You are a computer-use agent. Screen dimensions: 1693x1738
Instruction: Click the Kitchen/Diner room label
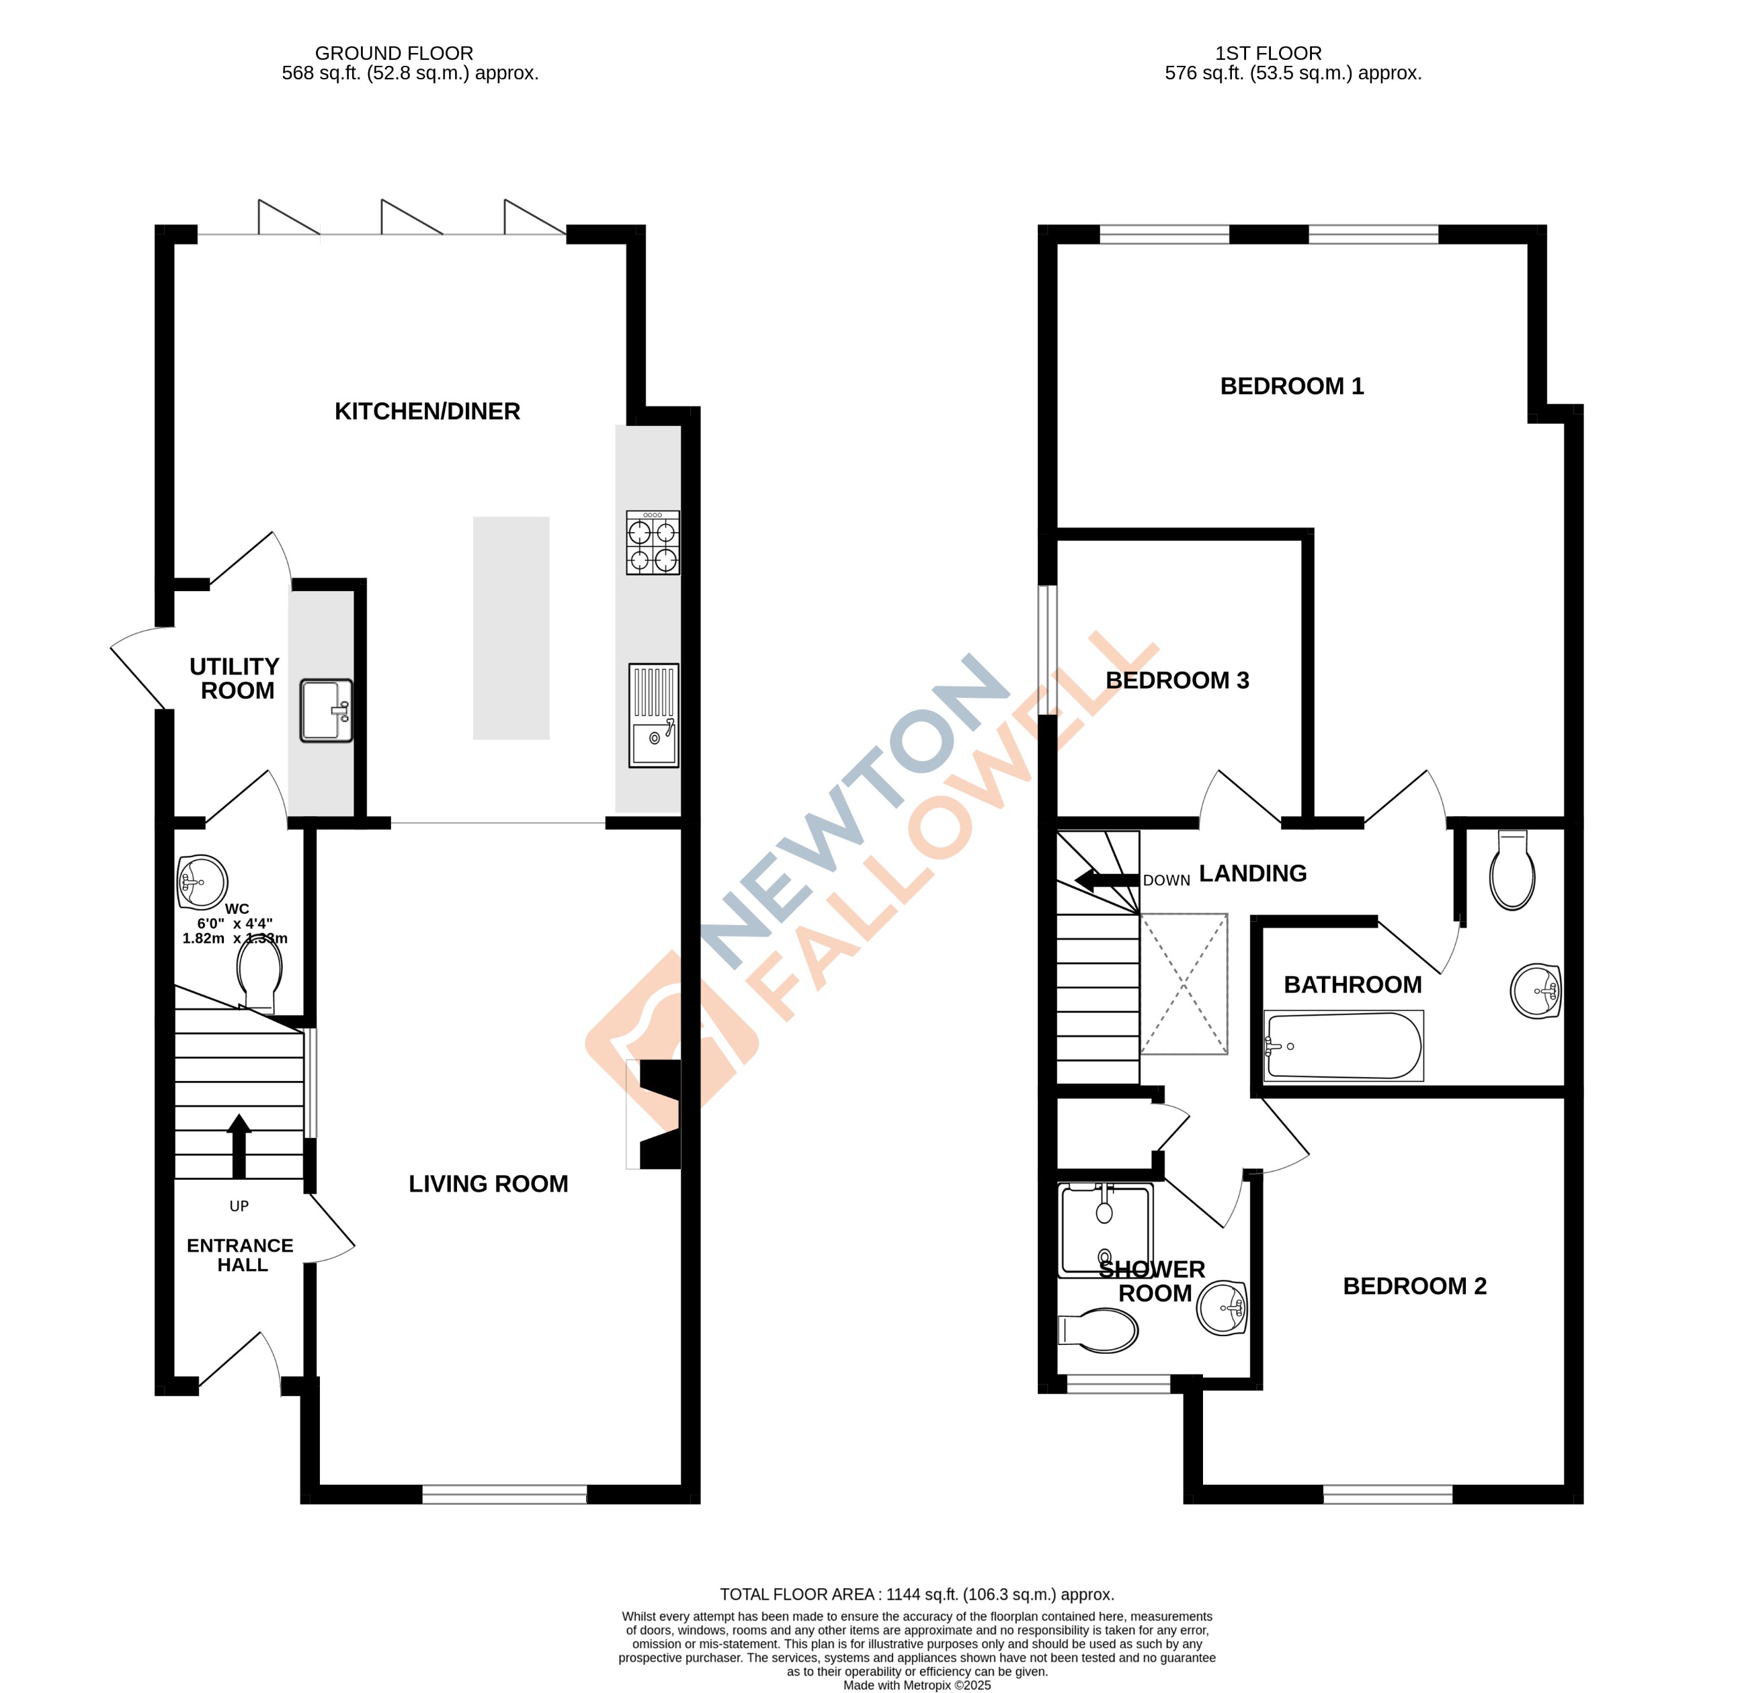coord(427,412)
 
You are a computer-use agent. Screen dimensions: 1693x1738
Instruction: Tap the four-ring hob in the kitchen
coord(653,542)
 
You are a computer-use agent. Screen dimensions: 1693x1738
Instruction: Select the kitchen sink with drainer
coord(654,715)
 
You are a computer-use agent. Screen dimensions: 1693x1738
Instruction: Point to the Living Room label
coord(489,1184)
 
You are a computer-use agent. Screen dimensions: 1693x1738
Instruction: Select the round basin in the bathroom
coord(1536,990)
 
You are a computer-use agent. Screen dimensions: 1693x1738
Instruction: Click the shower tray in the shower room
coord(1105,1229)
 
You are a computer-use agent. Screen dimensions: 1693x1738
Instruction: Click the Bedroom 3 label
coord(1177,681)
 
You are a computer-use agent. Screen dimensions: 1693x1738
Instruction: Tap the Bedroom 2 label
coord(1414,1287)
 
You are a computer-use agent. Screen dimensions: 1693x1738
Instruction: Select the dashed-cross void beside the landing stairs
coord(1184,984)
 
